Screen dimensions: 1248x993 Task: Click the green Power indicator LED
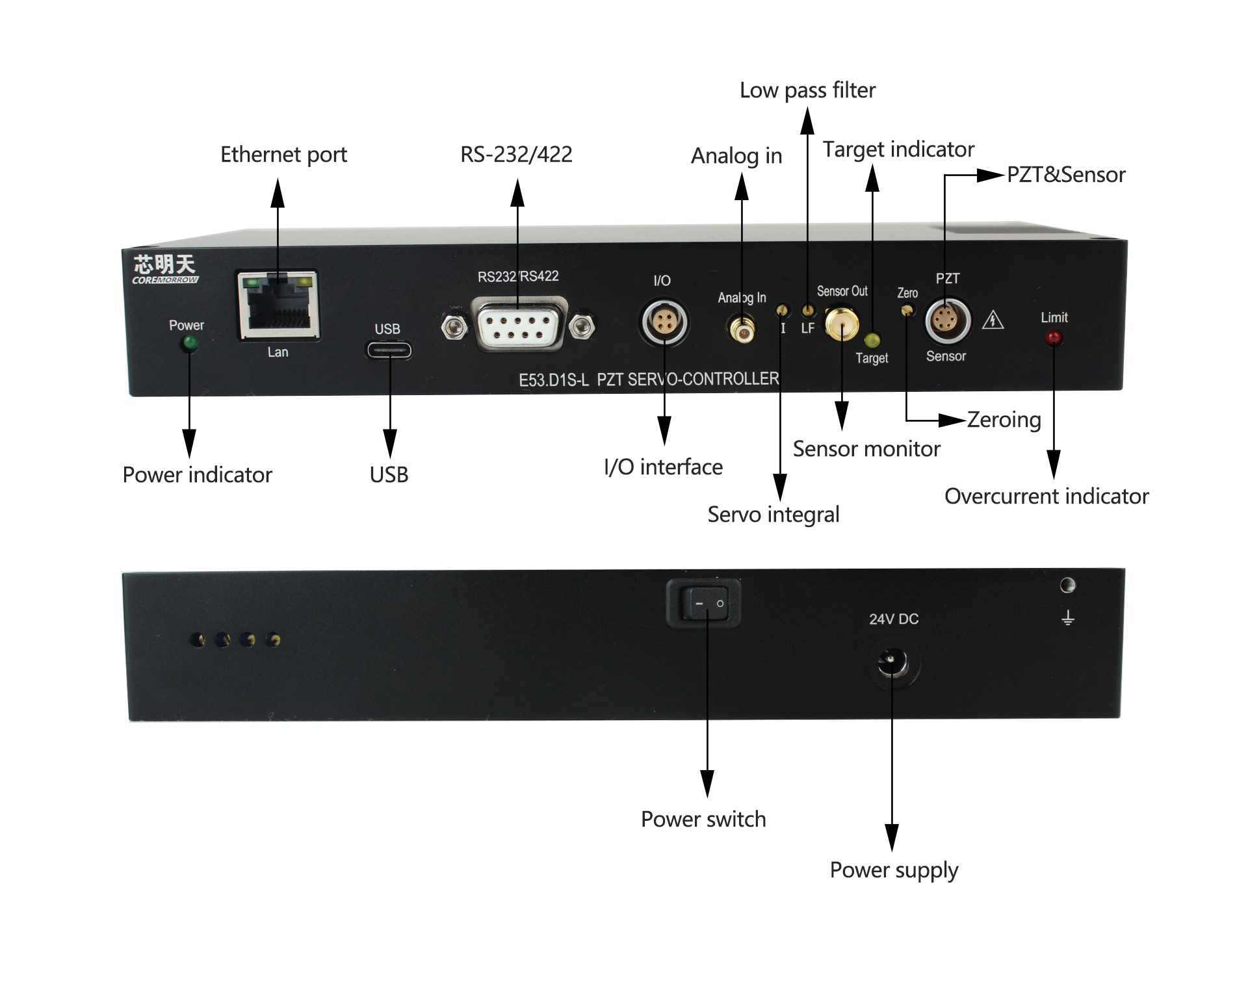click(190, 342)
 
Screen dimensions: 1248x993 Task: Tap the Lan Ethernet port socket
click(278, 305)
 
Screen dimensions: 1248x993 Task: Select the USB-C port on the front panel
click(389, 351)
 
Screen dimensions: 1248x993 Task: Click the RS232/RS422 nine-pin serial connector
click(518, 324)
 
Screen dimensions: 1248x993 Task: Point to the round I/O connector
click(663, 322)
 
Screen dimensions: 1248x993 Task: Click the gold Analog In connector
click(742, 329)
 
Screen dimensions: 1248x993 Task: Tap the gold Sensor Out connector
click(842, 323)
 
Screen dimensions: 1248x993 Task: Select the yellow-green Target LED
click(872, 341)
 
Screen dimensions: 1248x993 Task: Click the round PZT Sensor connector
click(947, 320)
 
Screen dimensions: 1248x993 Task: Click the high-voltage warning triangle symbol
click(993, 320)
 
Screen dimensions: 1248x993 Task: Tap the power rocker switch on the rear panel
click(704, 603)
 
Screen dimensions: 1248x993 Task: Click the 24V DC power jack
click(894, 664)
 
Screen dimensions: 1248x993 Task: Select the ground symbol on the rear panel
click(1067, 617)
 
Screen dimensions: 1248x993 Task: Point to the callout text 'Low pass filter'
click(807, 90)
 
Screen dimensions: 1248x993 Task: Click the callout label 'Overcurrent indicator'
click(1046, 496)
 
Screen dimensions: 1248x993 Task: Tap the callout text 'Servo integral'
click(773, 515)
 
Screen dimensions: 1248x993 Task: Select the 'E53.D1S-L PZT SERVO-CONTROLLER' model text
click(649, 379)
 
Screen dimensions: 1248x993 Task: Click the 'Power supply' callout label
click(894, 870)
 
